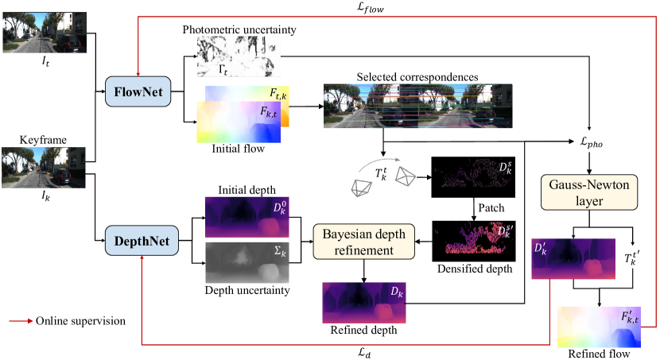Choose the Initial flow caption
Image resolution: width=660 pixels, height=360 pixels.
coord(233,148)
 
